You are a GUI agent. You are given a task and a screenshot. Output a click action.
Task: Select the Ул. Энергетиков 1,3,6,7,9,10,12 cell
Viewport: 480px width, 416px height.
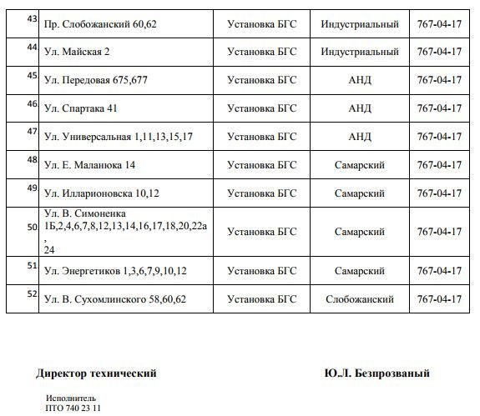point(115,270)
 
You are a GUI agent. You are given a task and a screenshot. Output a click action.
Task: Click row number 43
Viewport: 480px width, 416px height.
point(32,18)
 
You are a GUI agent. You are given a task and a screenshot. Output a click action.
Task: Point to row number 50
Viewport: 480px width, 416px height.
point(32,227)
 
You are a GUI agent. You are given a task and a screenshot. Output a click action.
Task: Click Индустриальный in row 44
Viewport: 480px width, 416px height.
point(359,52)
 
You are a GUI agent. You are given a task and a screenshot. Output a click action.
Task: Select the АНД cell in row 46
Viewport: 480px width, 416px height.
point(360,108)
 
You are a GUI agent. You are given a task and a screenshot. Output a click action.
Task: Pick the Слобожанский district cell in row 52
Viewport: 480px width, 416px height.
point(360,298)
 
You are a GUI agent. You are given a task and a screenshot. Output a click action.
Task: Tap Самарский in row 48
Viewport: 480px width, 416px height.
point(360,165)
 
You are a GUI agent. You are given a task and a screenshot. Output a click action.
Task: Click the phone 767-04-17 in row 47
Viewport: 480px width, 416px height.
point(439,137)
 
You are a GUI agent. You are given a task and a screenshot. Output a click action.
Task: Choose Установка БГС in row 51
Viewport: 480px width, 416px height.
point(261,270)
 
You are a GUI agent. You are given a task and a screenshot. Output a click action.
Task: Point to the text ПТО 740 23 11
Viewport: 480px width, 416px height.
point(73,408)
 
